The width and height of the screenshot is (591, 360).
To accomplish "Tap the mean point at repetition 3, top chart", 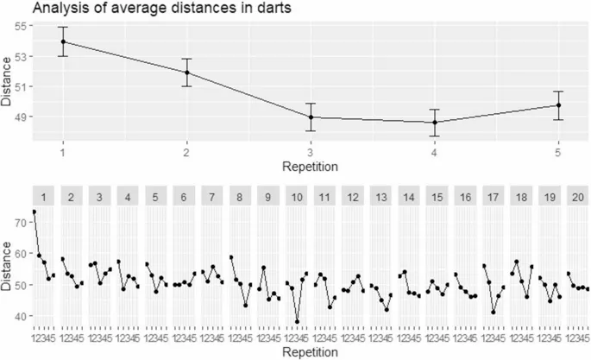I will tap(310, 117).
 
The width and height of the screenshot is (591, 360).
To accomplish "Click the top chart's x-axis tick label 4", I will tap(434, 152).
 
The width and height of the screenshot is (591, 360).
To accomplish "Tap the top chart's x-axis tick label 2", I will tap(186, 152).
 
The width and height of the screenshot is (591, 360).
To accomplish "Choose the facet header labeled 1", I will tap(44, 196).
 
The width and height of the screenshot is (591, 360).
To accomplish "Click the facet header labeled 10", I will tap(297, 196).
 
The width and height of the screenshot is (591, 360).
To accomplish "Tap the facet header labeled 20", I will tap(578, 196).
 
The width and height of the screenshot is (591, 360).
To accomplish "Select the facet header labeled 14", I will tap(409, 196).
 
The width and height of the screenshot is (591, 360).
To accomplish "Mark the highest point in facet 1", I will tap(35, 212).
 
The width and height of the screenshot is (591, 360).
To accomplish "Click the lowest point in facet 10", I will tap(298, 321).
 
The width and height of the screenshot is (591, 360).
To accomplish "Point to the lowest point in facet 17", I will tap(494, 313).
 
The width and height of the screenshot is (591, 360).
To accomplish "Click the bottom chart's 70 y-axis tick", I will tap(22, 222).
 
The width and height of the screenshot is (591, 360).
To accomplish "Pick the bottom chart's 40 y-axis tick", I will tap(22, 316).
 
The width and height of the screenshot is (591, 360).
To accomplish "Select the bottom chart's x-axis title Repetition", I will tap(310, 352).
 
